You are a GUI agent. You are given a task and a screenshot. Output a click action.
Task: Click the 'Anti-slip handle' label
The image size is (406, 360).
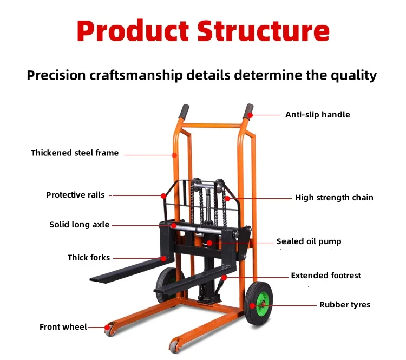[x=317, y=115]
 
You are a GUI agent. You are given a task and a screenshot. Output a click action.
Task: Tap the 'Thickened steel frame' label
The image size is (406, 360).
[x=75, y=153]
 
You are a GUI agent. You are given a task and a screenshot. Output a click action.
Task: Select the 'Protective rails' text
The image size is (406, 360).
[x=75, y=195]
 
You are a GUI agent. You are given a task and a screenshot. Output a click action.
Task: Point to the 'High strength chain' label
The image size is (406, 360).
[x=335, y=198]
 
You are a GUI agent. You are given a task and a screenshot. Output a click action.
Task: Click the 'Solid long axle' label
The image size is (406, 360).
[x=79, y=225]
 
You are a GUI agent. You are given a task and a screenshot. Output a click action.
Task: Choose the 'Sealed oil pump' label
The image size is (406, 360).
[x=309, y=241]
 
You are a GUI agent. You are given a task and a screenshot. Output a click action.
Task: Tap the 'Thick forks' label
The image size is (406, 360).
[x=89, y=258]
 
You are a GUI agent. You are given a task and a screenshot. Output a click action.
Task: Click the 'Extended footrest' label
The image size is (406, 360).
[x=326, y=276]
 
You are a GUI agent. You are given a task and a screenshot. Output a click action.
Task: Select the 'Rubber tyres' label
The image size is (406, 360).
[x=345, y=305]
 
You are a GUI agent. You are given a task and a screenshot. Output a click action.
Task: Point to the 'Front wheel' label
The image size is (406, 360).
[x=63, y=327]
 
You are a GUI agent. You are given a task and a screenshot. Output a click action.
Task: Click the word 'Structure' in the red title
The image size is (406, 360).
[x=263, y=31]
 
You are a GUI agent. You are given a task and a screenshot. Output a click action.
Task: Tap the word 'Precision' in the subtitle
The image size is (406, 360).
[x=56, y=75]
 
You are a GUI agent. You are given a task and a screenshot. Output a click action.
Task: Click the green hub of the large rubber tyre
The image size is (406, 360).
[x=262, y=304]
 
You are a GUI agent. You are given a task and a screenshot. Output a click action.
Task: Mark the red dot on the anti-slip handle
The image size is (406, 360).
[x=250, y=115]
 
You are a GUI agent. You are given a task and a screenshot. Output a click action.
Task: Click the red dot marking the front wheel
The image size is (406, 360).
[x=107, y=328]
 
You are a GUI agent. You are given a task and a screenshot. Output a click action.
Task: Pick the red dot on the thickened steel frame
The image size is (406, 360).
[x=174, y=155]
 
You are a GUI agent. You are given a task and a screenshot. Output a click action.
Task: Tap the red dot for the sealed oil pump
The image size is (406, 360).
[x=209, y=243]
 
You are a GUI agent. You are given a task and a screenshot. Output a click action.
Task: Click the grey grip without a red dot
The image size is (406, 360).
[x=184, y=112]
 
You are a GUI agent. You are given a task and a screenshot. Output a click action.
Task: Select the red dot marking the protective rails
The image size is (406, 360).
[x=163, y=196]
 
